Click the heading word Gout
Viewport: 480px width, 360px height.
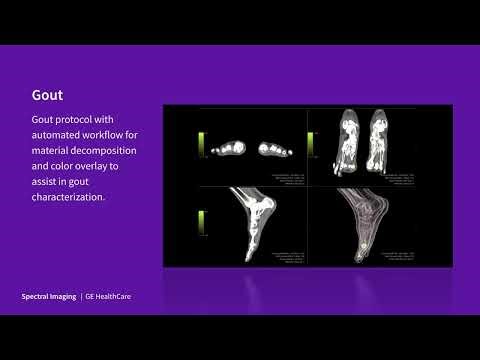[47, 97]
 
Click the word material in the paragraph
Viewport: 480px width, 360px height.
[51, 151]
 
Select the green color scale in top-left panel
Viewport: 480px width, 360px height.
[202, 144]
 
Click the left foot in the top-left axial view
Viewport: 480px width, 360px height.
[232, 148]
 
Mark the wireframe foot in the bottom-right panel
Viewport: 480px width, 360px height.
[367, 225]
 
